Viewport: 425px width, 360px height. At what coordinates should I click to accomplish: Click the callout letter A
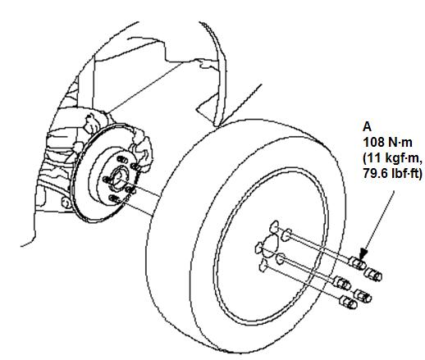pos(367,127)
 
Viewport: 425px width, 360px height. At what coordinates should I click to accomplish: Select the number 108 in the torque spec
pos(373,142)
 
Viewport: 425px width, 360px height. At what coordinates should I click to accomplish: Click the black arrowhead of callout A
pos(363,253)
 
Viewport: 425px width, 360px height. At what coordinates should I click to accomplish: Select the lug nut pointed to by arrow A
pos(358,263)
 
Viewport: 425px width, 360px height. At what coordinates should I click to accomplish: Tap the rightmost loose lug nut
pos(373,275)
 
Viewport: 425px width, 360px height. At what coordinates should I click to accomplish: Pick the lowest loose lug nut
pos(348,303)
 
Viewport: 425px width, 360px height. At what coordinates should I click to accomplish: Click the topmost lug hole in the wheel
pos(275,227)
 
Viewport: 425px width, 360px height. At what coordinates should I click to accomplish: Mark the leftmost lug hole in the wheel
pos(258,248)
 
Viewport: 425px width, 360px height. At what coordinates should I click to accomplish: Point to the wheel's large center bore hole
pos(270,245)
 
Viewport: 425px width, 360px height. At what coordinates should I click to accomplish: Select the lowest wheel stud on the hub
pos(114,199)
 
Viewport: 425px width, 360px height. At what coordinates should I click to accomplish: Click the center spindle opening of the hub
pos(120,178)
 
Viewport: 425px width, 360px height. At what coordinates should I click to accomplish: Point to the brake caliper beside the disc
pos(142,150)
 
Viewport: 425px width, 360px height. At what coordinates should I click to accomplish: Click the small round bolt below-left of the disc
pos(66,203)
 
